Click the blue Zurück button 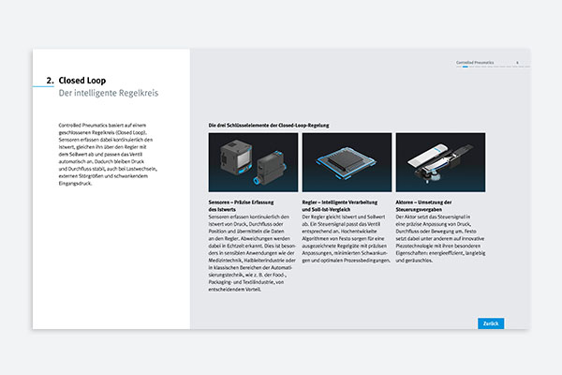(490, 322)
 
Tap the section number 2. (50, 81)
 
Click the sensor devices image (253, 162)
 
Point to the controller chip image (347, 162)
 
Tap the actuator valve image (440, 162)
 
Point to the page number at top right (517, 63)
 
